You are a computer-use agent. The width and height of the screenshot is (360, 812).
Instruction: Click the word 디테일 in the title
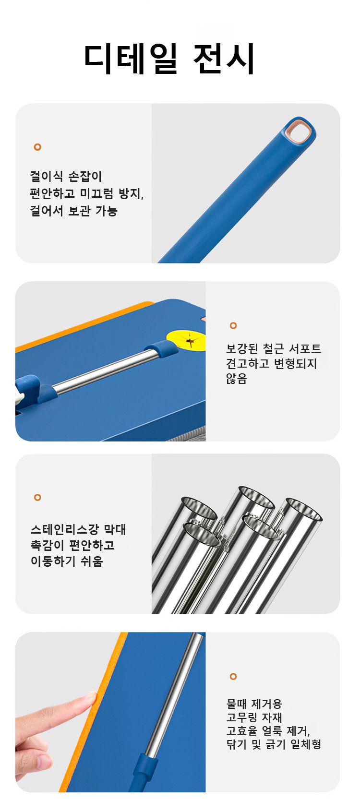(131, 59)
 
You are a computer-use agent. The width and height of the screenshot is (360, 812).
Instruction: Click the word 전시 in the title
(224, 59)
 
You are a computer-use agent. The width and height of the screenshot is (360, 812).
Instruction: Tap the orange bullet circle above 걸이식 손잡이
(37, 147)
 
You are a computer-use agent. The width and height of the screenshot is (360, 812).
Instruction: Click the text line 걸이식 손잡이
(66, 176)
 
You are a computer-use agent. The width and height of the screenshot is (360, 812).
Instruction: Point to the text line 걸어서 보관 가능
(73, 211)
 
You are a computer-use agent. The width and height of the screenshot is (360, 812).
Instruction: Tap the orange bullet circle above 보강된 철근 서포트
(233, 325)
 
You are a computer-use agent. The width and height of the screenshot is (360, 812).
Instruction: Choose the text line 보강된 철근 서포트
(274, 349)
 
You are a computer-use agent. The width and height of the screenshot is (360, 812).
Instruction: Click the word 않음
(236, 379)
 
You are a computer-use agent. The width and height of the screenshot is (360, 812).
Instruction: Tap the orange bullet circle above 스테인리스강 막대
(37, 497)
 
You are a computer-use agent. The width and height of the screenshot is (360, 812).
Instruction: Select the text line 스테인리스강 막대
(78, 530)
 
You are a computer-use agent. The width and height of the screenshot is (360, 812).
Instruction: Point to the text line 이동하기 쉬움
(67, 561)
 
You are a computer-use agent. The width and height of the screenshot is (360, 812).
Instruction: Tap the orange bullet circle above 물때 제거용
(233, 676)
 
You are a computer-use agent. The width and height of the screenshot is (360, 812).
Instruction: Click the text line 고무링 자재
(254, 717)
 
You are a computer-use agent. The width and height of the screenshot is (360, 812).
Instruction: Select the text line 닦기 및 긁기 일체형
(274, 744)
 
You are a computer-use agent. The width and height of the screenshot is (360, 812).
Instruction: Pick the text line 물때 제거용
(254, 704)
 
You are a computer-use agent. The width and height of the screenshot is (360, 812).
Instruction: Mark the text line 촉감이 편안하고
(72, 545)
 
